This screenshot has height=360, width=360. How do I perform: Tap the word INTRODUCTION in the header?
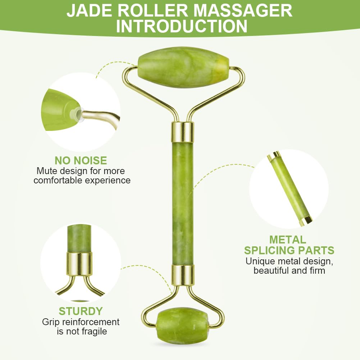pyautogui.click(x=182, y=26)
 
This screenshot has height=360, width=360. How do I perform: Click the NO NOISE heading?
pyautogui.click(x=81, y=160)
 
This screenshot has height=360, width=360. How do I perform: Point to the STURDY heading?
pyautogui.click(x=81, y=311)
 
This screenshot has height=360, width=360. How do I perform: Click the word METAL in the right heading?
pyautogui.click(x=288, y=240)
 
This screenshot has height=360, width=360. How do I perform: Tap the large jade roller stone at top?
pyautogui.click(x=183, y=67)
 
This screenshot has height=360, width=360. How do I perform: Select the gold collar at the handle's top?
pyautogui.click(x=183, y=132)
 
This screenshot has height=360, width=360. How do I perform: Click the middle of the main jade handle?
pyautogui.click(x=183, y=204)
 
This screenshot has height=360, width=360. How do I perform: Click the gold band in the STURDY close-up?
pyautogui.click(x=79, y=264)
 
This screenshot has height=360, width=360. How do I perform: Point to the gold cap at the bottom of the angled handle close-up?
pyautogui.click(x=306, y=220)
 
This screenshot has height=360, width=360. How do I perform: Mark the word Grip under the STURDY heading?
pyautogui.click(x=51, y=322)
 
